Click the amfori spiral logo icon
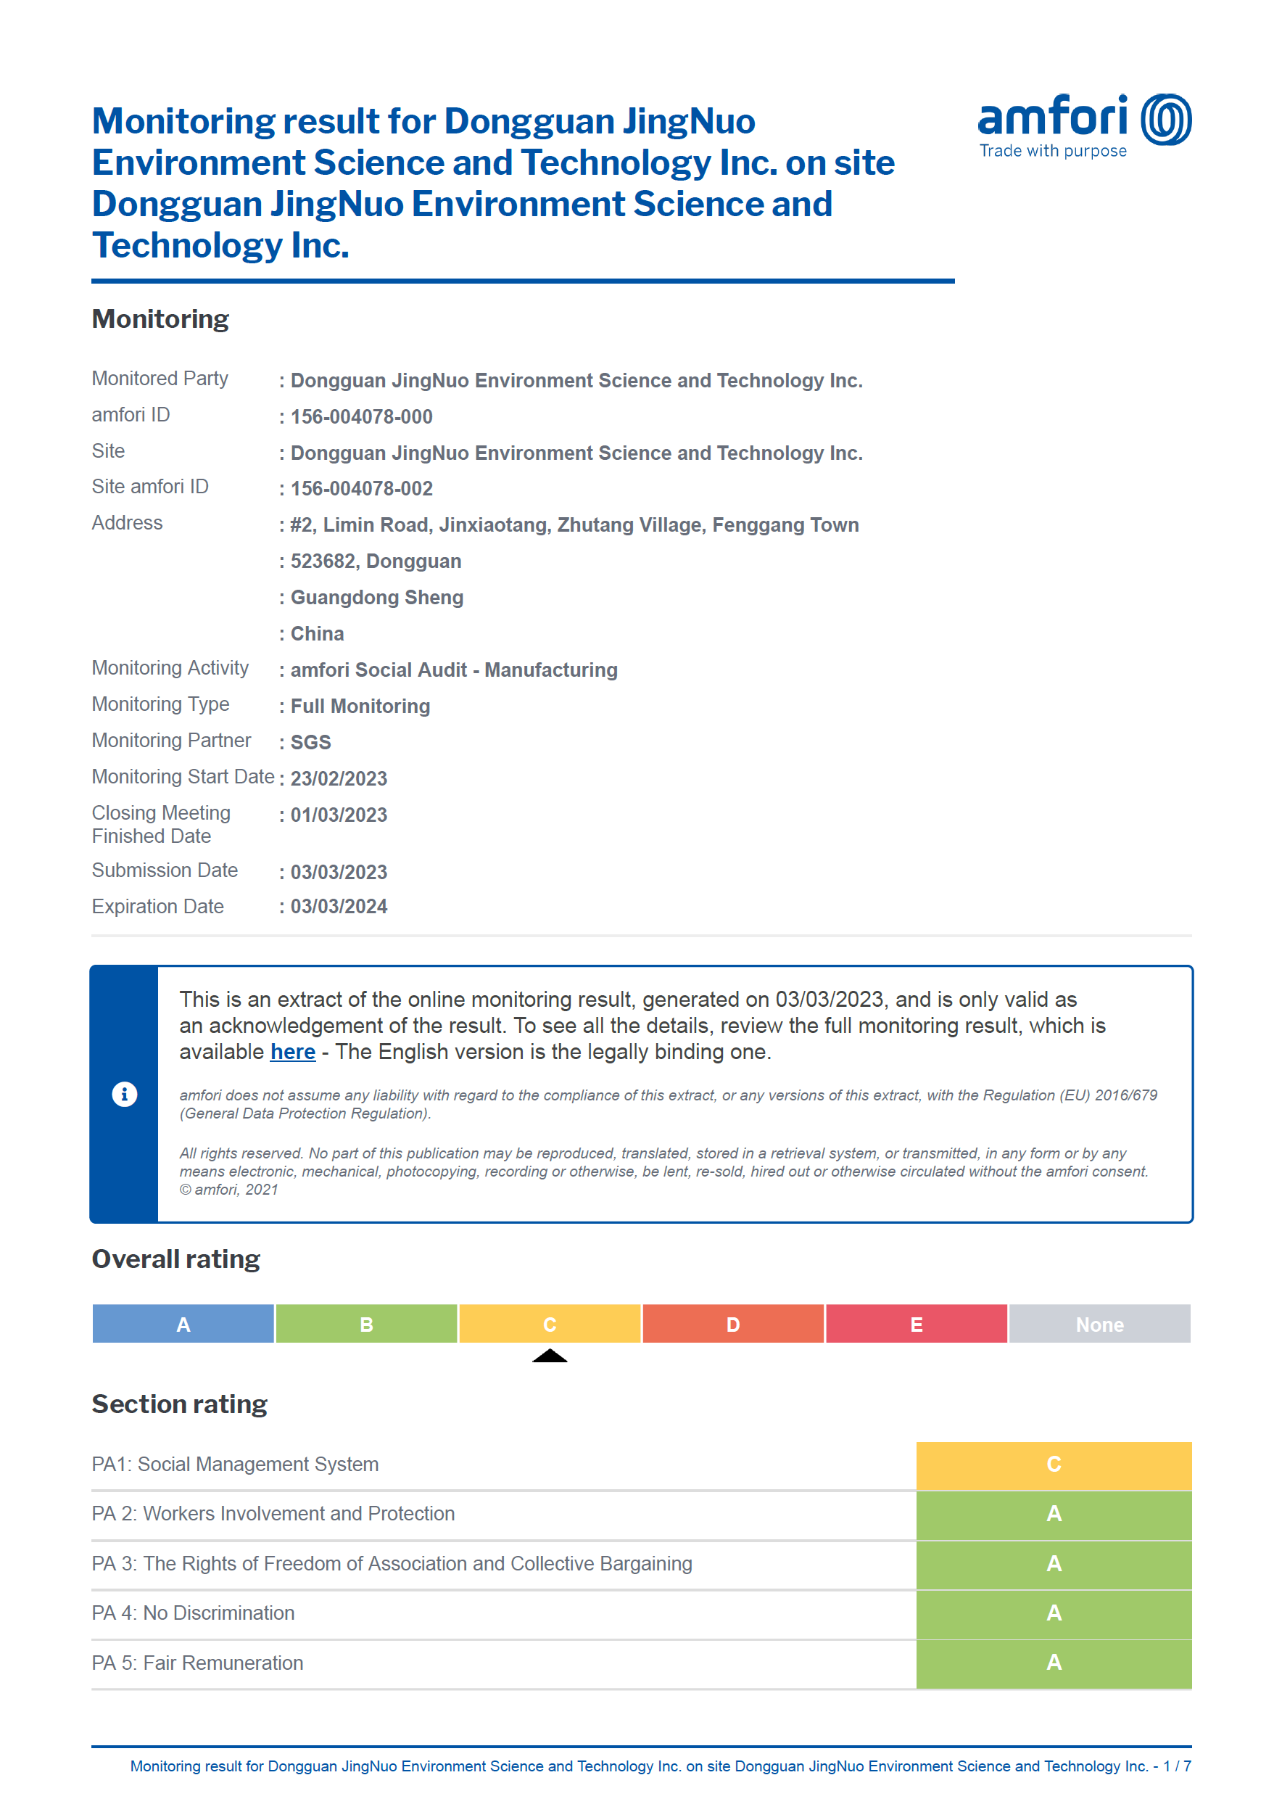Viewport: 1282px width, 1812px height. click(x=1166, y=119)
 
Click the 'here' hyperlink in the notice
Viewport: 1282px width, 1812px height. click(x=292, y=1052)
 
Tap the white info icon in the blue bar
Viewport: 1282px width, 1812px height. click(x=124, y=1095)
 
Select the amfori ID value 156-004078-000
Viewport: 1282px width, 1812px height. click(x=361, y=417)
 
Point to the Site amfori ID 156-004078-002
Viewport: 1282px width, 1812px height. click(x=361, y=489)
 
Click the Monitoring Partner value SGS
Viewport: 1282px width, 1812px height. click(x=310, y=742)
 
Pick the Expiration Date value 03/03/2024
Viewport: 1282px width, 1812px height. click(x=339, y=907)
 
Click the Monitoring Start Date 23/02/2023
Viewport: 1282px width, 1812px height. click(x=339, y=778)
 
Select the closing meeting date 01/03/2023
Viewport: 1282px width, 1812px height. click(x=339, y=815)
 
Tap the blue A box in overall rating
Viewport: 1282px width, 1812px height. click(x=183, y=1324)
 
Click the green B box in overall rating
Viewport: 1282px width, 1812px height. click(x=366, y=1324)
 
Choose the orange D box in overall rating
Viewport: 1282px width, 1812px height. click(x=732, y=1324)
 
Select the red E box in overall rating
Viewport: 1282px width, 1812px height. click(x=916, y=1324)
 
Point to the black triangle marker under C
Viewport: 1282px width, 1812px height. click(x=550, y=1356)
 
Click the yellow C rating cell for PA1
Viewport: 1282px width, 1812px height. click(x=1053, y=1465)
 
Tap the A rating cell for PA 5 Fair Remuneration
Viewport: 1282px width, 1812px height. click(x=1053, y=1663)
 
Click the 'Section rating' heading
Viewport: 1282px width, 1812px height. click(x=179, y=1404)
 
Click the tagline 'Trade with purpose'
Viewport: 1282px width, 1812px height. click(x=1052, y=151)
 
